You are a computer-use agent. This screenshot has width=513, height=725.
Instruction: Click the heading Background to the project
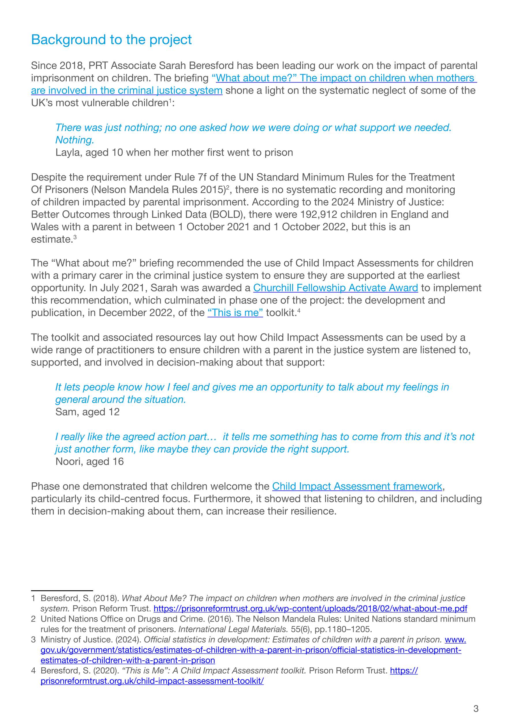[111, 40]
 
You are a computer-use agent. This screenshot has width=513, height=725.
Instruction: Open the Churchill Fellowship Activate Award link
[335, 288]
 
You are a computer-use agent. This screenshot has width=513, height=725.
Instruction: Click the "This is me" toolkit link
[235, 313]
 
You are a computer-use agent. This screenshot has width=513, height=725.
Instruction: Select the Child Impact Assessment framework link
[357, 486]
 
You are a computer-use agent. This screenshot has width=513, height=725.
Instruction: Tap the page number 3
[476, 709]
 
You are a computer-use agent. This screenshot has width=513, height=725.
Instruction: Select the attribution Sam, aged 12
[87, 412]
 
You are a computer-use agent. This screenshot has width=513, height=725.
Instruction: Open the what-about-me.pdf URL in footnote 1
[310, 608]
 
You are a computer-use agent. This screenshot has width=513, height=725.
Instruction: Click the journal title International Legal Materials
[233, 629]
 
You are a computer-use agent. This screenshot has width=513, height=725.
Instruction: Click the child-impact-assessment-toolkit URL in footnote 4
[152, 681]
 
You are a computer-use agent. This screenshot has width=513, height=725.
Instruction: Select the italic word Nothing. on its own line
[74, 140]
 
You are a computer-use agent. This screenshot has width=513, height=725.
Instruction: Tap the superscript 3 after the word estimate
[75, 237]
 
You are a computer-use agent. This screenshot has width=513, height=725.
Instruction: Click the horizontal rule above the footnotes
[62, 591]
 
